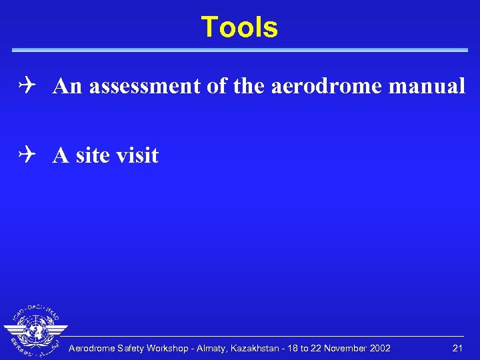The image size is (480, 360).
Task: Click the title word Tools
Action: [x=239, y=27]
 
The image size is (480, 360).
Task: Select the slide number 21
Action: [x=457, y=348]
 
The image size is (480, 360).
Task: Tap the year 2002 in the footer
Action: [x=379, y=348]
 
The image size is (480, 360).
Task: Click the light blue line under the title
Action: [x=240, y=50]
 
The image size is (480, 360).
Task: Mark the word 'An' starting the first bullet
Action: [x=64, y=87]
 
